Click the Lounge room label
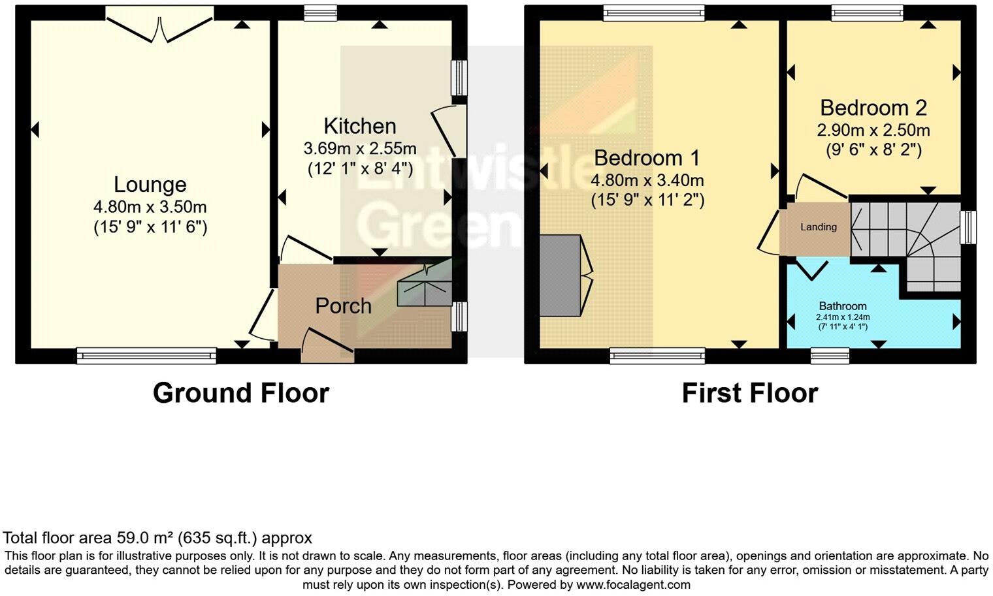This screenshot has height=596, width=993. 150,185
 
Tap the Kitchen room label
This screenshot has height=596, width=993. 359,126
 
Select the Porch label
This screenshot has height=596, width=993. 343,306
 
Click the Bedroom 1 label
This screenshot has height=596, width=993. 647,158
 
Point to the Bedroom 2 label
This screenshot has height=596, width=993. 873,108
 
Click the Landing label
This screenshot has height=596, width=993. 818,227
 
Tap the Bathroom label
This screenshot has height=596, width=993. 843,306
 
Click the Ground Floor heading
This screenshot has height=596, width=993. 240,393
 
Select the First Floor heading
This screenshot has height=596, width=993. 749,393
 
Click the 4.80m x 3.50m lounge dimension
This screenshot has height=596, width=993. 150,208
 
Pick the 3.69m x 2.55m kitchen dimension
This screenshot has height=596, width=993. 359,149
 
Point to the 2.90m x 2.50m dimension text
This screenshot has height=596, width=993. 873,131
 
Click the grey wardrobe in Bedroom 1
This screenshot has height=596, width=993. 560,275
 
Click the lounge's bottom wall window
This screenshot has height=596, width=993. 146,355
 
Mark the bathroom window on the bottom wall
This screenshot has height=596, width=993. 830,355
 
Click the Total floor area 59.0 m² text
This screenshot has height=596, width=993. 157,538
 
